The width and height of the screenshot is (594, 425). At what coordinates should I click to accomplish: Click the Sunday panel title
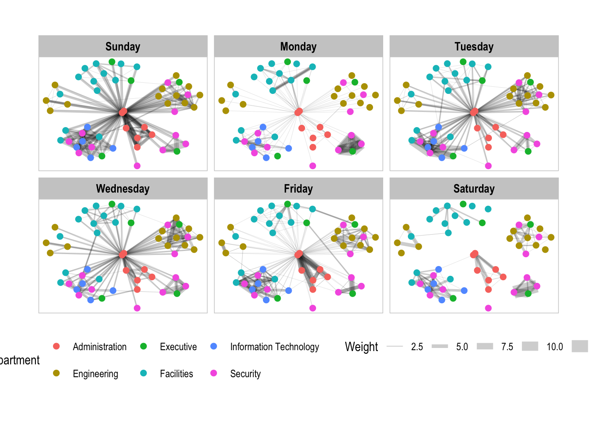tap(123, 46)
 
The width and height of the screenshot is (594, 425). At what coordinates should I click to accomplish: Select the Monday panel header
tap(298, 46)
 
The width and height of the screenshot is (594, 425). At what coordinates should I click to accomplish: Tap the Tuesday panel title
tap(474, 46)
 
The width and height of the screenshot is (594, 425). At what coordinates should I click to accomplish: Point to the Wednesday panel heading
tap(123, 189)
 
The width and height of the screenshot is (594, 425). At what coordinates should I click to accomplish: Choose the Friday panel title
tap(298, 189)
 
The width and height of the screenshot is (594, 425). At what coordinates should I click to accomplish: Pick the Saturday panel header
tap(474, 189)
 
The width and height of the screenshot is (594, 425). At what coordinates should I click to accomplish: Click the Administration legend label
tap(99, 347)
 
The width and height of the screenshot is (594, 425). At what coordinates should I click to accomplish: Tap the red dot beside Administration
tap(56, 346)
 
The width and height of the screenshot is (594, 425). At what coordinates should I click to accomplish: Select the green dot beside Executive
tap(143, 346)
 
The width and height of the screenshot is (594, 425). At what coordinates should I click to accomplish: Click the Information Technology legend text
tap(274, 347)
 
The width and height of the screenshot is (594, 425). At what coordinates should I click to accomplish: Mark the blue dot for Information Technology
tap(214, 346)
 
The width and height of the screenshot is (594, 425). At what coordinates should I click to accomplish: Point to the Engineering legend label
tap(95, 374)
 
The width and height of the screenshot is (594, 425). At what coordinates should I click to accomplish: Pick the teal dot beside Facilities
tap(143, 373)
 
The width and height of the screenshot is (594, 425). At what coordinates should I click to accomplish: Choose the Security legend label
tap(245, 374)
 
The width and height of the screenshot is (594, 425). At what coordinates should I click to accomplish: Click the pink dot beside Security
tap(214, 373)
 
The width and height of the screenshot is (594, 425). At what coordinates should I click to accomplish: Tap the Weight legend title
tap(361, 347)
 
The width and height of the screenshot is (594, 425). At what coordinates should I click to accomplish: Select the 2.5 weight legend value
tap(417, 347)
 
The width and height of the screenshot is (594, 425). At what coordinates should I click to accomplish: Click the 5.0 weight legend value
tap(462, 347)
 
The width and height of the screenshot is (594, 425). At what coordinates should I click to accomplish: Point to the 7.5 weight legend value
tap(507, 347)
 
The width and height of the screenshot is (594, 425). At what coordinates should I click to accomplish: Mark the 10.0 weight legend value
tap(555, 347)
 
